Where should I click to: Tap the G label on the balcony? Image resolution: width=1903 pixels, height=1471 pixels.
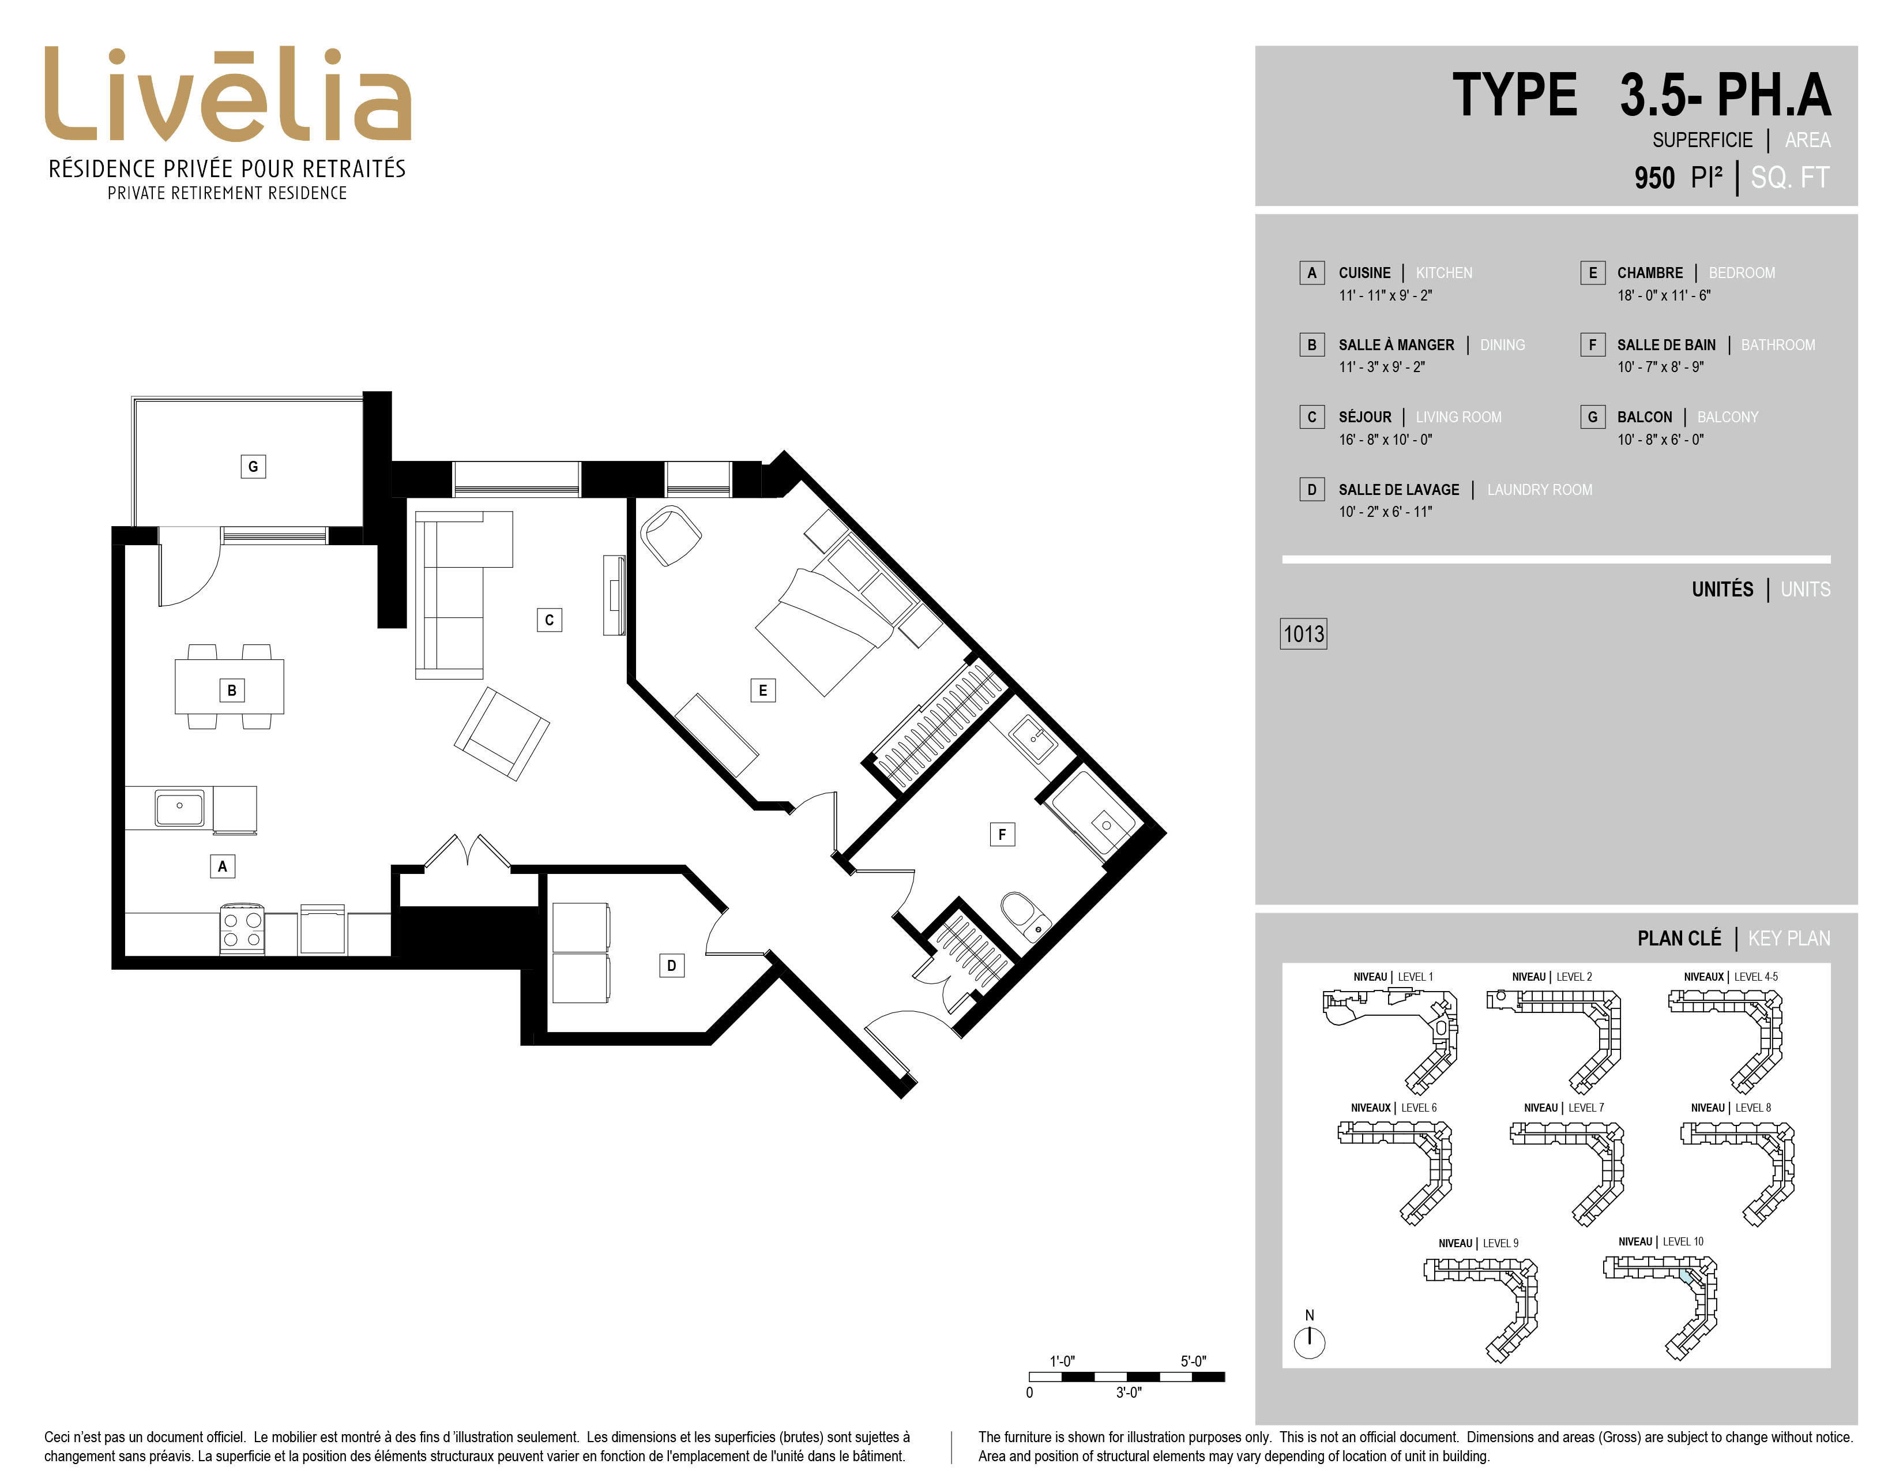(253, 466)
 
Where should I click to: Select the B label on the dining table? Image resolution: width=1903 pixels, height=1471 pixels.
(232, 690)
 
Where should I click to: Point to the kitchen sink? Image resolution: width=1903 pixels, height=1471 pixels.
(179, 808)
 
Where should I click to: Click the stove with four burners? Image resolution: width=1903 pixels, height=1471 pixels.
(242, 929)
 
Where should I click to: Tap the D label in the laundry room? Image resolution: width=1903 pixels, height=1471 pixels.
(671, 966)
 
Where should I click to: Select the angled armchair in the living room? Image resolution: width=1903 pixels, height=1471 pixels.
(502, 734)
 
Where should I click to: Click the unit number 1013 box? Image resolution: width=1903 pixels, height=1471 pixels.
(1303, 633)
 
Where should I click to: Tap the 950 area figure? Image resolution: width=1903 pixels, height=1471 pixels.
(1654, 178)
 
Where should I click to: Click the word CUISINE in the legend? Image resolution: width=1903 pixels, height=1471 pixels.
(1364, 273)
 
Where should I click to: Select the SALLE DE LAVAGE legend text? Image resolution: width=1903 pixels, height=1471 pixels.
(1398, 490)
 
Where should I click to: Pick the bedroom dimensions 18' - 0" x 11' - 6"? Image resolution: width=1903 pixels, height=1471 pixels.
(1663, 295)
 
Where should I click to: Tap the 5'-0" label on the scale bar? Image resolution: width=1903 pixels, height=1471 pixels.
(1193, 1361)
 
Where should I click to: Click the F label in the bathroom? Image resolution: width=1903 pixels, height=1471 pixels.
(1002, 835)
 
